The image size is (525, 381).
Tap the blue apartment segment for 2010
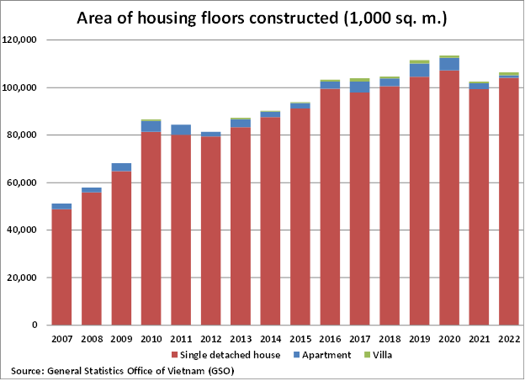pos(151,126)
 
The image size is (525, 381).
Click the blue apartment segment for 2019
pos(420,70)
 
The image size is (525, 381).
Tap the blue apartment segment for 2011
pos(181,130)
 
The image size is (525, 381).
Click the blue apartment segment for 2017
pos(360,87)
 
